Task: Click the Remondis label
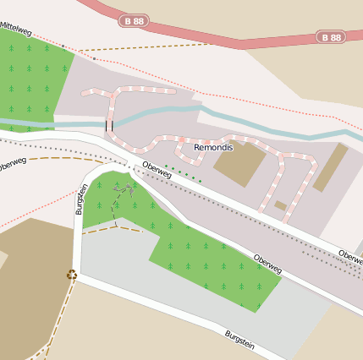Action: [x=212, y=147]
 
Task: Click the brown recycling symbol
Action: [x=72, y=274]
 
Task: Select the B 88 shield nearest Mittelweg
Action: [x=135, y=20]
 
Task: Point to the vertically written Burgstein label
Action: [x=82, y=199]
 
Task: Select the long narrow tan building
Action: [x=331, y=166]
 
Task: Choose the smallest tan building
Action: [x=281, y=205]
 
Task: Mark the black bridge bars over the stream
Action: [x=108, y=126]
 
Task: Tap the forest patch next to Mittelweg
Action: [x=34, y=85]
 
